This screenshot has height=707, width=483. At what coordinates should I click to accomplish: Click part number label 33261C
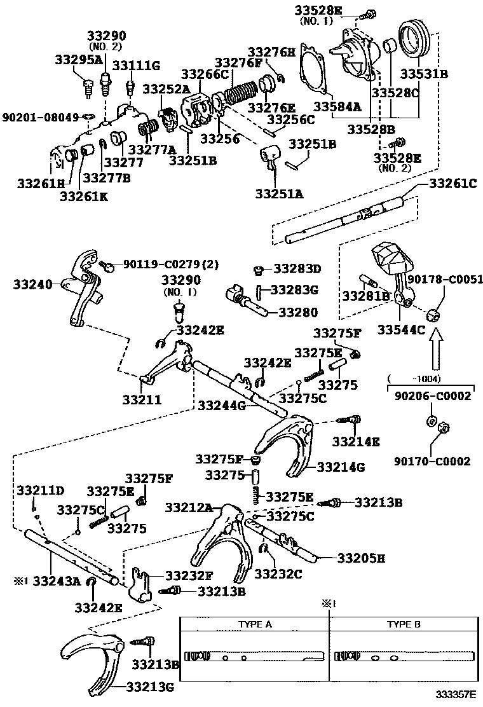(x=452, y=184)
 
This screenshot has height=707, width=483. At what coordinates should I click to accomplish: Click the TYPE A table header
(x=255, y=624)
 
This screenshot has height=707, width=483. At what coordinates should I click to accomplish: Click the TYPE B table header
(x=404, y=624)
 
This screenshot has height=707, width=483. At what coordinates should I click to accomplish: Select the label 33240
(x=33, y=284)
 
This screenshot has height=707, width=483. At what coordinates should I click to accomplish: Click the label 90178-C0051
(x=445, y=279)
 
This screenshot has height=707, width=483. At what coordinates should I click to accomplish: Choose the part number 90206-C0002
(x=432, y=395)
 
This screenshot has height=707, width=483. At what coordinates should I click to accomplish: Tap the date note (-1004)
(x=432, y=379)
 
